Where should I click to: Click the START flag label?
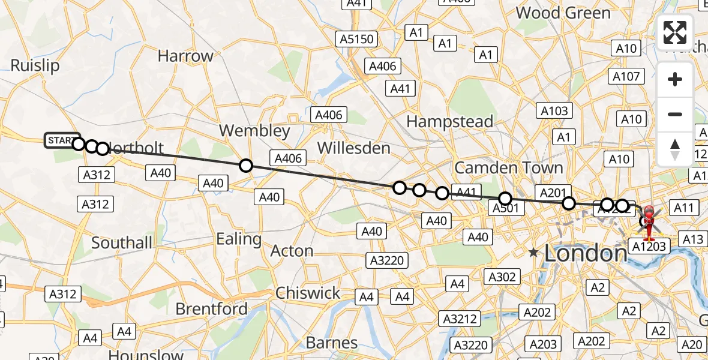[61, 140]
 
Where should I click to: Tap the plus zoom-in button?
[675, 79]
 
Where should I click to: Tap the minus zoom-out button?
[675, 114]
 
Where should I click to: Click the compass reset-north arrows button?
[675, 149]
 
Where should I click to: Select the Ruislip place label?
[35, 65]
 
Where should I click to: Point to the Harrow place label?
[185, 56]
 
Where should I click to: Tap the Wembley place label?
[254, 130]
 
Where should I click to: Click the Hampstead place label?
[449, 121]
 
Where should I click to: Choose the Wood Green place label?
[563, 13]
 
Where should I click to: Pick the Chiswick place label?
[308, 293]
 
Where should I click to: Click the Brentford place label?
[211, 309]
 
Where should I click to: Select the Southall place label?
[122, 243]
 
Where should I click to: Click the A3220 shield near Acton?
[389, 260]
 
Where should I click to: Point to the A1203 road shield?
[647, 245]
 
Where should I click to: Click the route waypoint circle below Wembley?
[245, 166]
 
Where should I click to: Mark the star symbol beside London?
[533, 253]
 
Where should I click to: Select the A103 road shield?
[554, 110]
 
